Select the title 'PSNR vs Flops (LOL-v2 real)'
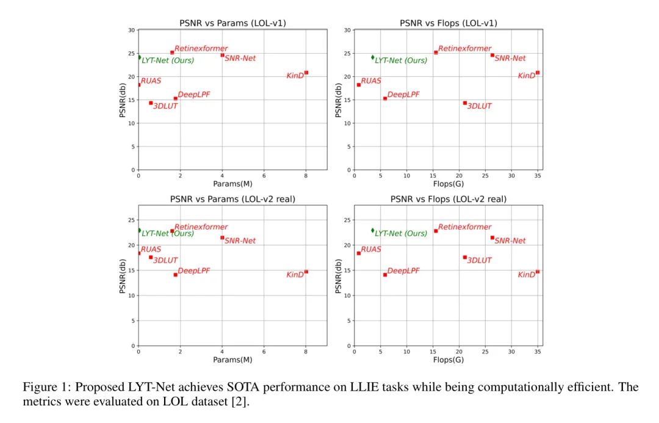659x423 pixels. click(448, 199)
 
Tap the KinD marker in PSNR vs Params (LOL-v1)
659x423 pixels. click(306, 73)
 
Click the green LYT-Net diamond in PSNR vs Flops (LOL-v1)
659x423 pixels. click(373, 57)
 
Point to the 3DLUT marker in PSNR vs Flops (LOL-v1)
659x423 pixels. click(465, 103)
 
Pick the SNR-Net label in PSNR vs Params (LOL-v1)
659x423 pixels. click(240, 59)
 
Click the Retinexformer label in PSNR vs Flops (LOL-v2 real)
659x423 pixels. click(464, 227)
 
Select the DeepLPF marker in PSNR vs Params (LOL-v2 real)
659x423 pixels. click(176, 275)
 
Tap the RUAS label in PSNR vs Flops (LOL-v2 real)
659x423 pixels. click(370, 250)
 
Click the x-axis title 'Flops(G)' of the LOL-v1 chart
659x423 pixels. click(448, 184)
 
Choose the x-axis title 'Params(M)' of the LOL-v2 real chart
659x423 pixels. click(232, 360)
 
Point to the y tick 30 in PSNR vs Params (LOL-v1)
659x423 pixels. click(131, 30)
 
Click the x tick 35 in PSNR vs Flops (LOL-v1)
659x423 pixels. click(538, 176)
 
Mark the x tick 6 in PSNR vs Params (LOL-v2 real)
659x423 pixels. click(264, 352)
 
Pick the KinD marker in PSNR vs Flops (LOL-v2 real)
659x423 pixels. click(538, 272)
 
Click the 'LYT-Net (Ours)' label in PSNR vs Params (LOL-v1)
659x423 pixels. click(168, 60)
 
